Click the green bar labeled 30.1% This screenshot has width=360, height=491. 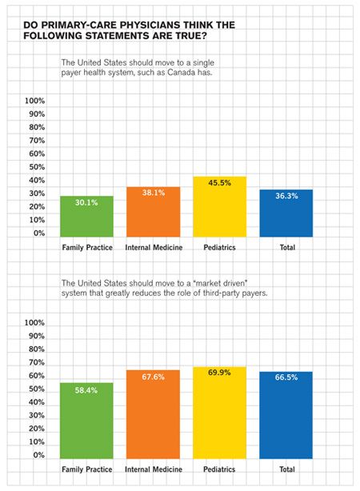point(86,217)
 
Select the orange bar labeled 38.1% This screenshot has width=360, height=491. point(153,212)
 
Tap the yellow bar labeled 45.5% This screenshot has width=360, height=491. point(219,207)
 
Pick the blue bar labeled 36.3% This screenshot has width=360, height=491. point(286,214)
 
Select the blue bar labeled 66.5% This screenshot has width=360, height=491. point(286,415)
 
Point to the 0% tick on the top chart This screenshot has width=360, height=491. point(38,234)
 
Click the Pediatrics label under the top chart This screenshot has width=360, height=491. point(219,248)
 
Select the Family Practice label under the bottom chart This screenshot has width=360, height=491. point(86,469)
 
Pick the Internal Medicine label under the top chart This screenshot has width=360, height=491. point(154,248)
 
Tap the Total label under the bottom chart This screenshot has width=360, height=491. point(286,469)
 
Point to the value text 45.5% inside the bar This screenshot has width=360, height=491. point(219,183)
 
